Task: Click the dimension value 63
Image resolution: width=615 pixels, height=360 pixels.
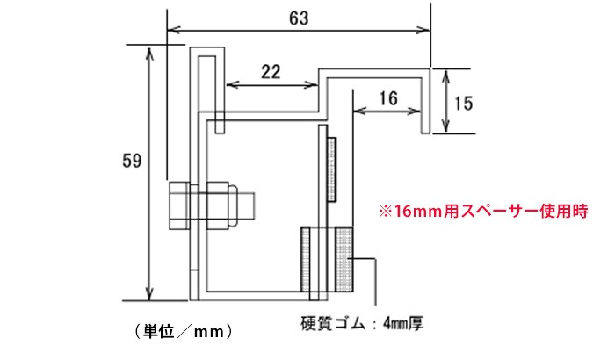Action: click(x=299, y=18)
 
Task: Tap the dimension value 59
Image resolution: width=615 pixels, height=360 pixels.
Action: click(x=132, y=161)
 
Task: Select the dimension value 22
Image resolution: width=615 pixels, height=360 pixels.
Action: click(x=271, y=72)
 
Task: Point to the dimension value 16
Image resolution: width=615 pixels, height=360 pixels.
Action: click(x=388, y=98)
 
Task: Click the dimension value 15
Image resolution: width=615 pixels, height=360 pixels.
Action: click(x=463, y=104)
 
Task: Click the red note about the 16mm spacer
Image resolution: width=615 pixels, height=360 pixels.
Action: click(x=483, y=212)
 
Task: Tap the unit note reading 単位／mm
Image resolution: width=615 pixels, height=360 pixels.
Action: click(x=184, y=332)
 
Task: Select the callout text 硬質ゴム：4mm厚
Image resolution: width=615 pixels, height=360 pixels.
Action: click(x=362, y=324)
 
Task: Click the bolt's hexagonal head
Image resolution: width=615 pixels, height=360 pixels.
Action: click(x=179, y=205)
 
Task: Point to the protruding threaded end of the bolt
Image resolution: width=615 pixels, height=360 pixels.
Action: click(x=246, y=205)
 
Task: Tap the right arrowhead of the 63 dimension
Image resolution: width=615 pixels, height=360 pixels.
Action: click(x=423, y=30)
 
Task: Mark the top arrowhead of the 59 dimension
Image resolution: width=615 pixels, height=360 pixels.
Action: click(x=149, y=54)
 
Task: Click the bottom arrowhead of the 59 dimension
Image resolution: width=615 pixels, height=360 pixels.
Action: click(x=149, y=294)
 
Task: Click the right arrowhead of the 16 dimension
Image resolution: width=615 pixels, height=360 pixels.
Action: click(x=415, y=112)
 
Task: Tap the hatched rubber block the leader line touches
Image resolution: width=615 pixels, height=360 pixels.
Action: click(x=344, y=260)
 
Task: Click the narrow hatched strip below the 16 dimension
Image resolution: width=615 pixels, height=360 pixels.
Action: click(x=332, y=169)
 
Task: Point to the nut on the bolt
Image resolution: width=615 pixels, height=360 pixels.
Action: click(x=218, y=205)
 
